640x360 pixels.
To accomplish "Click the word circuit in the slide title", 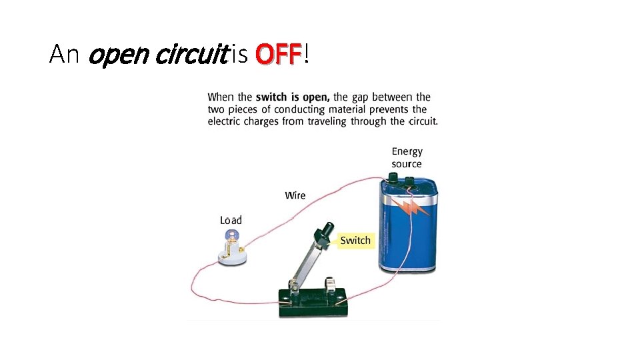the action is point(191,55).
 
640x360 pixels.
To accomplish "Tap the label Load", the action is point(231,220).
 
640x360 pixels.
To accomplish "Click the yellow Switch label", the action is point(355,240).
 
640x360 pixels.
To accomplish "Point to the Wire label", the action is point(295,195).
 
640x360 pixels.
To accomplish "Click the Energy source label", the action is point(407,158).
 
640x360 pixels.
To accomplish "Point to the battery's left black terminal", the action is point(393,179).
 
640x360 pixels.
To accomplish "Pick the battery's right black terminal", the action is point(409,181).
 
